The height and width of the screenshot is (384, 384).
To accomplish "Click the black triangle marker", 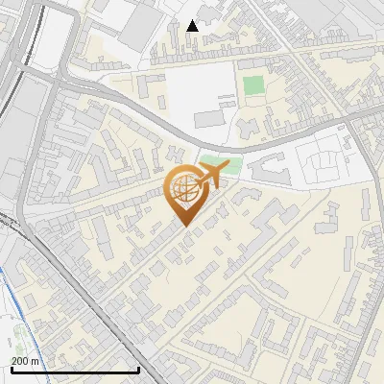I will point(193,26).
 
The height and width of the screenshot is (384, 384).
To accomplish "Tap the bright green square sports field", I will point(253,85).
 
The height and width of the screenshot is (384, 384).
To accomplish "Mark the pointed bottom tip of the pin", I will point(184,225).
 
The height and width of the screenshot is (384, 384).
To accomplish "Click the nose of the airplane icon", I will point(229,168).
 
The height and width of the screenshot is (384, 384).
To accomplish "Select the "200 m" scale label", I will point(25,361).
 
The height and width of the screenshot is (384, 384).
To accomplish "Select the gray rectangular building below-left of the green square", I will point(209,119).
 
